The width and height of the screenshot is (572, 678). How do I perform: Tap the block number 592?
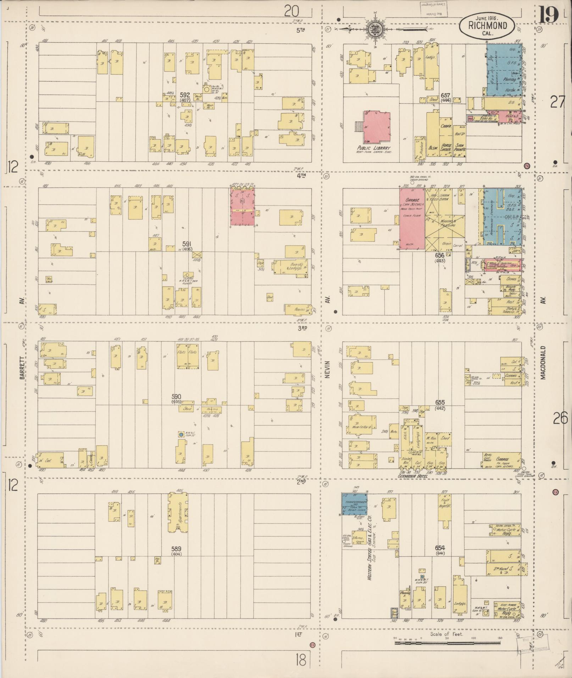click(x=185, y=95)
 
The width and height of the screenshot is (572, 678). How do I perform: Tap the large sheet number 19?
click(x=549, y=15)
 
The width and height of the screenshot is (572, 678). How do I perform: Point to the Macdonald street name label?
click(x=543, y=363)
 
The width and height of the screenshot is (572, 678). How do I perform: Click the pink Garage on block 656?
click(x=412, y=219)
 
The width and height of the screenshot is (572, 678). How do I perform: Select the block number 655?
click(x=440, y=403)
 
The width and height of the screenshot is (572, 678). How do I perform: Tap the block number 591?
click(x=187, y=244)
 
